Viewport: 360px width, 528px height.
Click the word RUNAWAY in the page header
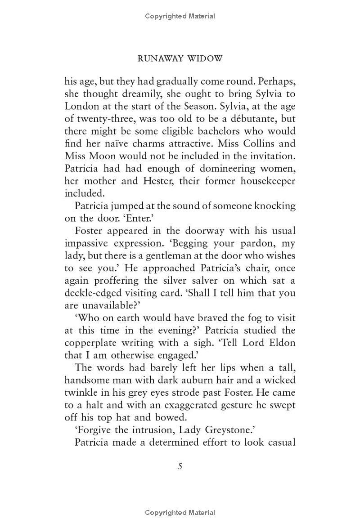(158, 58)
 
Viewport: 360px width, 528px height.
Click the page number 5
(180, 466)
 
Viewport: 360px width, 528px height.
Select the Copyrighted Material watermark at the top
(180, 16)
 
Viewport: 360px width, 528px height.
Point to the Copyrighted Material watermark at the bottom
(180, 513)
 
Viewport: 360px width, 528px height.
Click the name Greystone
(247, 430)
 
